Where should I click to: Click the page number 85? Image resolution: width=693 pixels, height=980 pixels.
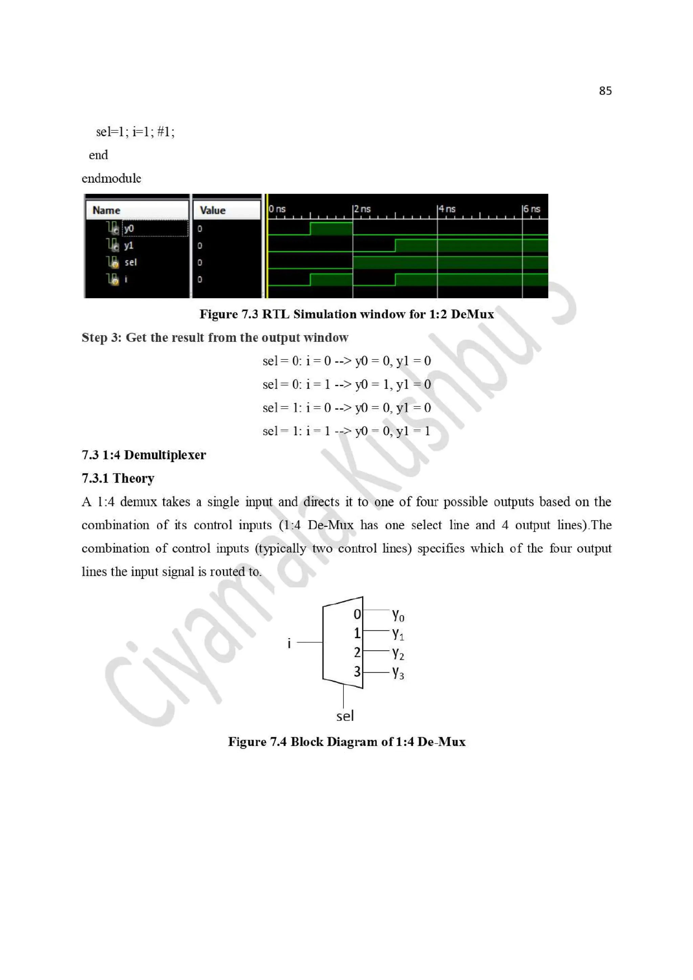point(605,91)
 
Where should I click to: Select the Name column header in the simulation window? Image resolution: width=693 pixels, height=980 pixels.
point(106,210)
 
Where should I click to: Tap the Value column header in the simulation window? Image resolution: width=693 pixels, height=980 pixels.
point(212,210)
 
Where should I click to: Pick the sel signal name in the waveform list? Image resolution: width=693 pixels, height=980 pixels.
point(130,262)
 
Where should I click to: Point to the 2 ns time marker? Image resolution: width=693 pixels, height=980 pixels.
point(362,209)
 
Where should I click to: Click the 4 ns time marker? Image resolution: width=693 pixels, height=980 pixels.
point(447,209)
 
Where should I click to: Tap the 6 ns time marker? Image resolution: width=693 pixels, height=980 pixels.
point(532,209)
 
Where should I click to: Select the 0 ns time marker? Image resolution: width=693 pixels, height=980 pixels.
point(277,209)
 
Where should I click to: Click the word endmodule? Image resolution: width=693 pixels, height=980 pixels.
point(111,179)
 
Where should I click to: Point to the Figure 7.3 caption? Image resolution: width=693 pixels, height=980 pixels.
point(346,314)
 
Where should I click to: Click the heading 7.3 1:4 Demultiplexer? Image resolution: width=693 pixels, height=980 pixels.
point(143,455)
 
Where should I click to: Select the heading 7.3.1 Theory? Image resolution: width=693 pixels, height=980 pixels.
point(118,479)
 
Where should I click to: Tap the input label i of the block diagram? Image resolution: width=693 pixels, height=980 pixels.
point(289,643)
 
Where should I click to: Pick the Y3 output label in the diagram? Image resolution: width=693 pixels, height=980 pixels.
point(398,673)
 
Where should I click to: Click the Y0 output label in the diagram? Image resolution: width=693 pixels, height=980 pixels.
point(398,615)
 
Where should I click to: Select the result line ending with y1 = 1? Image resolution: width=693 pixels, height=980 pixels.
point(346,431)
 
